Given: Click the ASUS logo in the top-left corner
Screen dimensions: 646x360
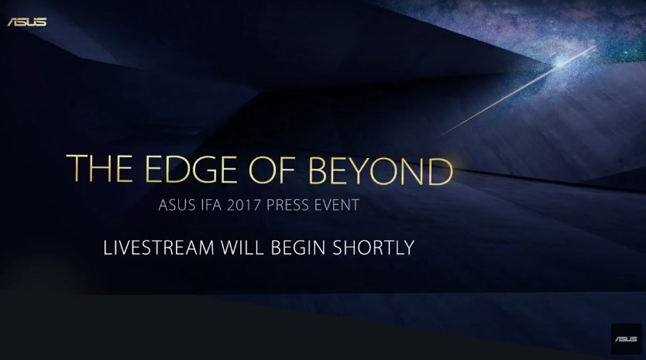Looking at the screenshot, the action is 27,22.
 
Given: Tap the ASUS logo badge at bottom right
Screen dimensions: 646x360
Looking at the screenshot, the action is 626,339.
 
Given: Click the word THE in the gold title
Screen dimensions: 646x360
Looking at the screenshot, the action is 99,168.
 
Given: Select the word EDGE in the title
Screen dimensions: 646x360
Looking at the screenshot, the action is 191,169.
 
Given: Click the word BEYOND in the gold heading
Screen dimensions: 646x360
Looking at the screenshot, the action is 380,170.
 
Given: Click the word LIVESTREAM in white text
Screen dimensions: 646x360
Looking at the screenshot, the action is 159,248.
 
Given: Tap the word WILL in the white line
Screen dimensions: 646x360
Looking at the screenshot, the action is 242,248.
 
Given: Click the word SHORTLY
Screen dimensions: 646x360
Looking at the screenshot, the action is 373,248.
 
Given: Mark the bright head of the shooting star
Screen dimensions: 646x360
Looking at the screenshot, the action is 561,63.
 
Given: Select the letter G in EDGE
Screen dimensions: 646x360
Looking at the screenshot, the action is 203,169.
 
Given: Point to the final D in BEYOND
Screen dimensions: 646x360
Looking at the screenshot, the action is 441,171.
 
